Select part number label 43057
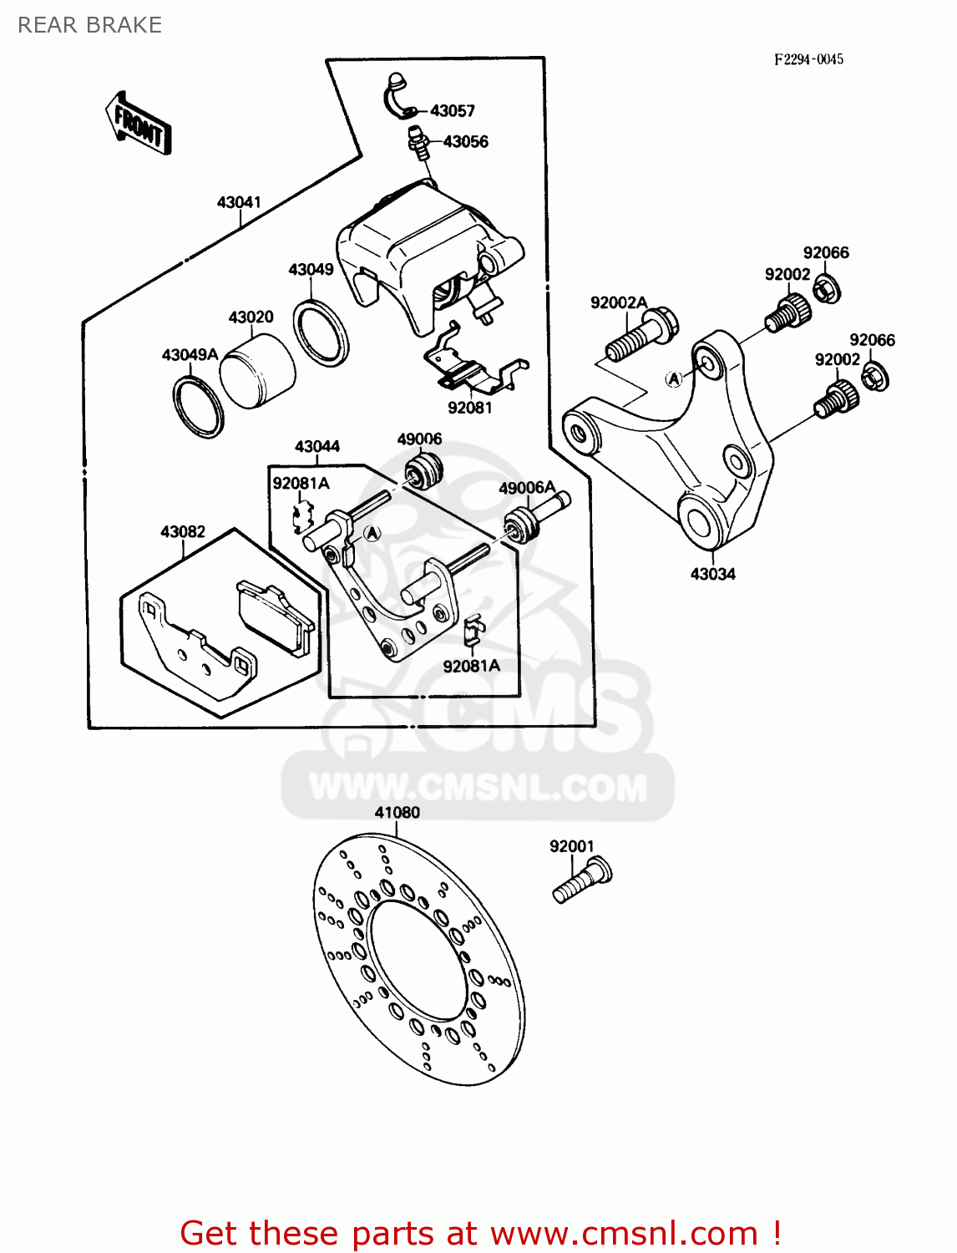452,111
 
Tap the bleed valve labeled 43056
418,144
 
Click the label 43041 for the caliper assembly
239,202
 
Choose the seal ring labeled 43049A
199,407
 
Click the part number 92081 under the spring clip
470,408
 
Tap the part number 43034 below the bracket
712,574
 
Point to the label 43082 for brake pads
183,532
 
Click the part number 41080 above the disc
397,812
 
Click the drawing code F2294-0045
808,59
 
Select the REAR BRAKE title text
89,25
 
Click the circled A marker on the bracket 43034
674,378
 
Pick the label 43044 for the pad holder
317,447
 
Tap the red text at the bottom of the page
480,1233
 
